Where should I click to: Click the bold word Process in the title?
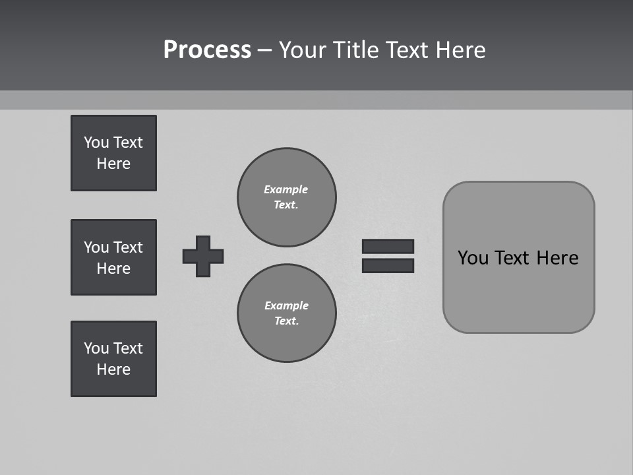[207, 50]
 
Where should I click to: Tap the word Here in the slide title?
[460, 50]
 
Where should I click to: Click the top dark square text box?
[113, 153]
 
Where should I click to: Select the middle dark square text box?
[113, 257]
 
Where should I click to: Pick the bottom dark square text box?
[113, 359]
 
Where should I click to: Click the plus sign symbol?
[203, 256]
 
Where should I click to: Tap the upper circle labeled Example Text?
[286, 197]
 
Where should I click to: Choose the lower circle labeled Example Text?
[286, 313]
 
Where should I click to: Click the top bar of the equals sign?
[388, 247]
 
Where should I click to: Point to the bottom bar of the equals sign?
[388, 265]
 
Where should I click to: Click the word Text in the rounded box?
[512, 258]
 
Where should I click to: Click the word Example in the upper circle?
[286, 189]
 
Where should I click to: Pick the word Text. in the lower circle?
[286, 321]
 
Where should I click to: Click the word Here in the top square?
[113, 164]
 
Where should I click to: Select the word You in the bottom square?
[96, 348]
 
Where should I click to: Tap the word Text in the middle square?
[128, 247]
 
